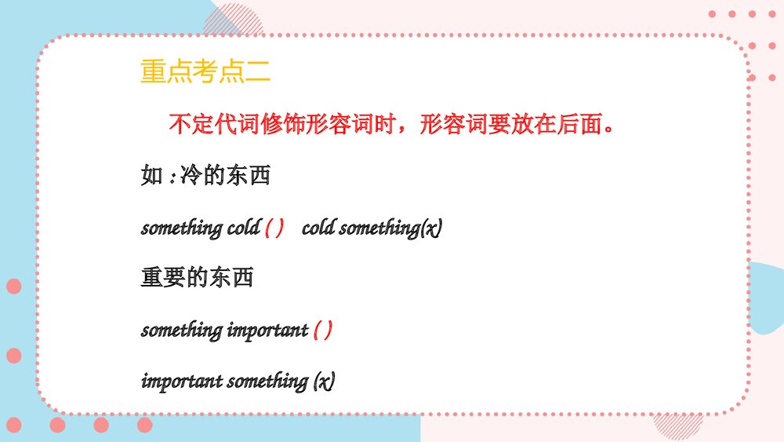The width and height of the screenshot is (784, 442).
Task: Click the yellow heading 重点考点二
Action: tap(205, 72)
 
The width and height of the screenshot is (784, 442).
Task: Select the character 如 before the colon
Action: tap(151, 176)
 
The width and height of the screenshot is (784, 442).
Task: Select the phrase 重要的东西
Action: tap(198, 278)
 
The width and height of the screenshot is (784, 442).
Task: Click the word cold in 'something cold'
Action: tap(243, 228)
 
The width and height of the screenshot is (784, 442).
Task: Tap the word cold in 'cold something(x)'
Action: tap(318, 228)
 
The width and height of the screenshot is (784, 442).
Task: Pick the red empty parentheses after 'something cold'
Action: tap(274, 228)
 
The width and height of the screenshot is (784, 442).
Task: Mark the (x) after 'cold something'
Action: tap(431, 228)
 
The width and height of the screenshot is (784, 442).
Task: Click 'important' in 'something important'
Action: tap(267, 331)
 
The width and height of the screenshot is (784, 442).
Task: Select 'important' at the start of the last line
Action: tap(182, 382)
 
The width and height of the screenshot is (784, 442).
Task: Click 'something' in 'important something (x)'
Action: tap(267, 382)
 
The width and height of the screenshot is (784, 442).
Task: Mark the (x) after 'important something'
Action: tap(324, 382)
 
